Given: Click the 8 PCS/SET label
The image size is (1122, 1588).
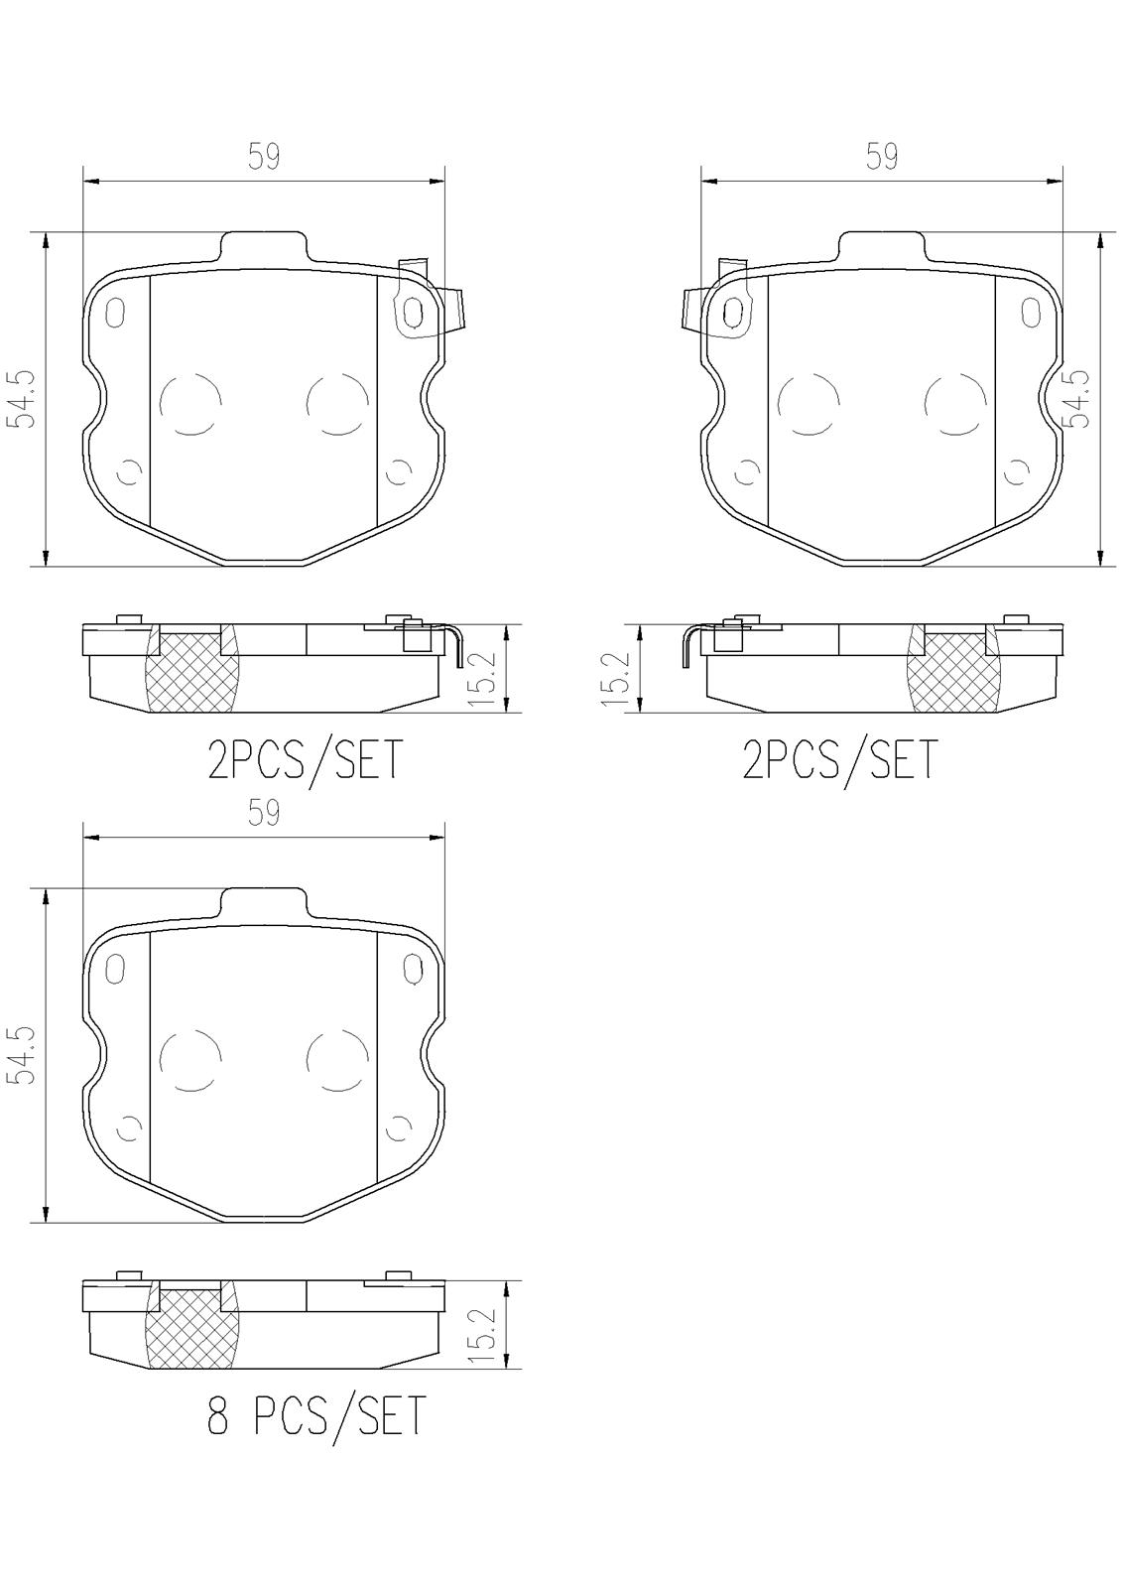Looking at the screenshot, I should (x=315, y=1416).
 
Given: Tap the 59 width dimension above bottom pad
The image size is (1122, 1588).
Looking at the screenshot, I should (x=264, y=814).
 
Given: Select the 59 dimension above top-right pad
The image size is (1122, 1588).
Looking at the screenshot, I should (x=882, y=157).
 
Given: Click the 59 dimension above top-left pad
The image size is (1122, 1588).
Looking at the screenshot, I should (x=264, y=157).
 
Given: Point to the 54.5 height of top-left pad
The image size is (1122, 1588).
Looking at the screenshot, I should (x=22, y=399).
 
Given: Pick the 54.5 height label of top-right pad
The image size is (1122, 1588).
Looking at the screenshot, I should (x=1076, y=399).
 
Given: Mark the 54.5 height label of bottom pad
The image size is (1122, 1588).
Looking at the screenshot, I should (x=22, y=1055).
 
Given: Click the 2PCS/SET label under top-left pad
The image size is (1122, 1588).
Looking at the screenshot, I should (x=306, y=762).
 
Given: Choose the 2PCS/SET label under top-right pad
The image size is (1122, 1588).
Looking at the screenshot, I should (x=839, y=762).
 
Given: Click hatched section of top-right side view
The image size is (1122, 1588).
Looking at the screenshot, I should (x=953, y=673).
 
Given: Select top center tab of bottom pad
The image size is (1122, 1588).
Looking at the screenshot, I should (x=263, y=903).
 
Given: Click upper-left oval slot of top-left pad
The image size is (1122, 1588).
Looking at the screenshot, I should (x=115, y=312).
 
